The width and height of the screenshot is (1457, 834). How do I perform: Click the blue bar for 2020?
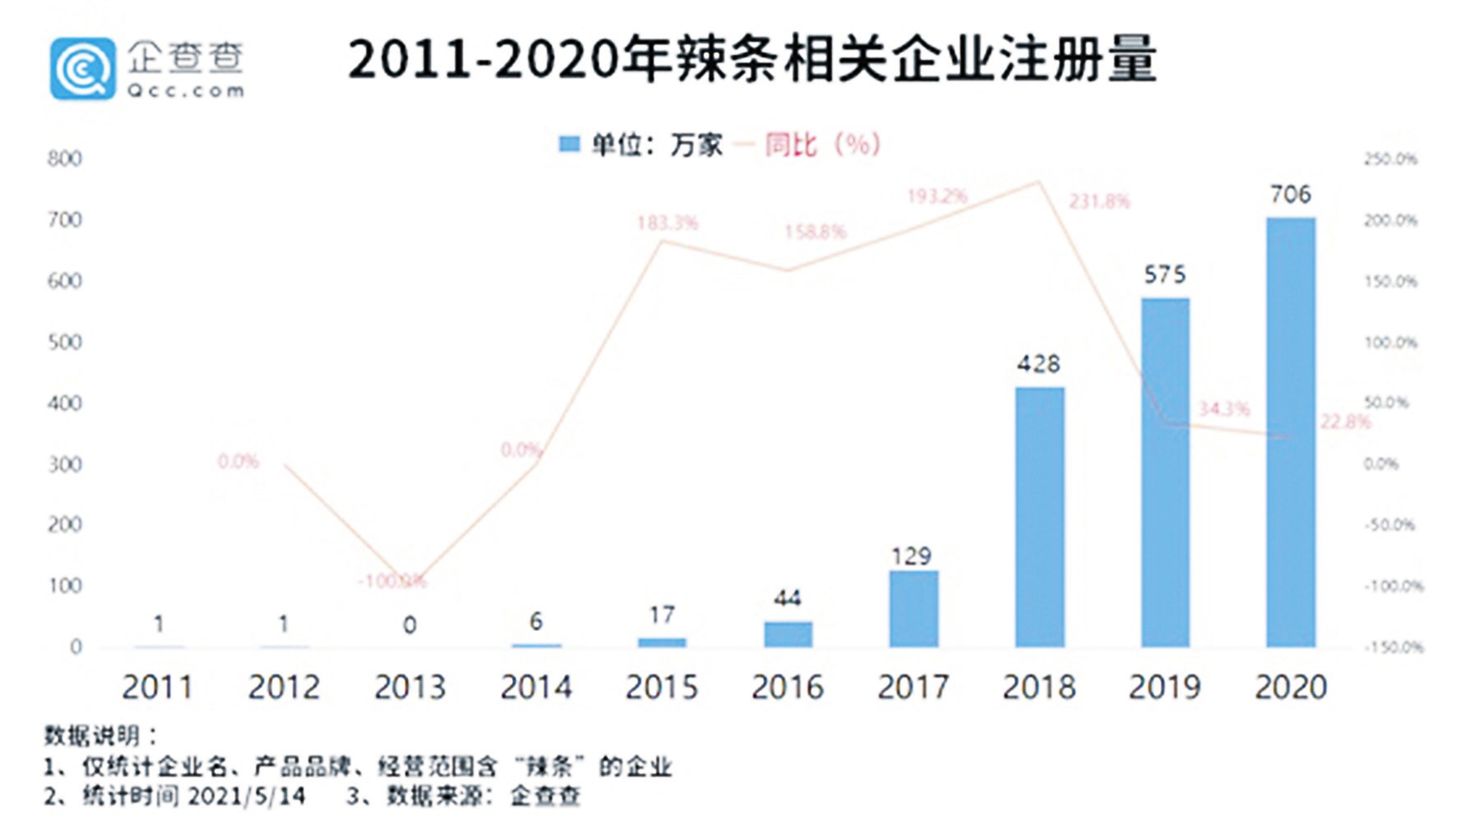tap(1290, 432)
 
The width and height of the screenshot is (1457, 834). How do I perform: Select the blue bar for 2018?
tap(1039, 517)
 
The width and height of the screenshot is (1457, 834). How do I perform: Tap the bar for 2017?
tap(913, 609)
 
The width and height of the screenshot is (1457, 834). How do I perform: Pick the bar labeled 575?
tap(1165, 472)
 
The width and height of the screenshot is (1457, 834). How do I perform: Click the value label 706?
tap(1290, 195)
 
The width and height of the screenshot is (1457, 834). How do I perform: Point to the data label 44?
tap(787, 598)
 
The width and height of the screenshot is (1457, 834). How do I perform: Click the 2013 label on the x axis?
tap(409, 687)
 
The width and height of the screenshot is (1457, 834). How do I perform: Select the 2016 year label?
tap(787, 687)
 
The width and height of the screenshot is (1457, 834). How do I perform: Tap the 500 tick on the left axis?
tap(65, 342)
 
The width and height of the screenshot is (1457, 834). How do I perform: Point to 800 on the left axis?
tap(65, 159)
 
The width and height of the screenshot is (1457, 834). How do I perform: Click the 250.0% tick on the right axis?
tap(1390, 159)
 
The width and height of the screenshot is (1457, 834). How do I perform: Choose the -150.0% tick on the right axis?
tap(1393, 647)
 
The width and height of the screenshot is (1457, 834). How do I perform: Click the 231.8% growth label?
tap(1099, 201)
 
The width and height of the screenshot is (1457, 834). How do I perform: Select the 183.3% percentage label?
tap(667, 223)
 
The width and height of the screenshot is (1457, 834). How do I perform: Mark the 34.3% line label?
tap(1223, 408)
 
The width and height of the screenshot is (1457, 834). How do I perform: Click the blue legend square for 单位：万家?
tap(569, 145)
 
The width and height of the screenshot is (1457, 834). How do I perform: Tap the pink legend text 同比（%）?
tap(821, 145)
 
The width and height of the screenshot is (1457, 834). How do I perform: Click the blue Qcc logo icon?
tap(82, 68)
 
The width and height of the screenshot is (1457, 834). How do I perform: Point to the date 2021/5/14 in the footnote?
tap(246, 795)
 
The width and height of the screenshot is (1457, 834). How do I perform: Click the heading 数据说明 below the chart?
tap(92, 735)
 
